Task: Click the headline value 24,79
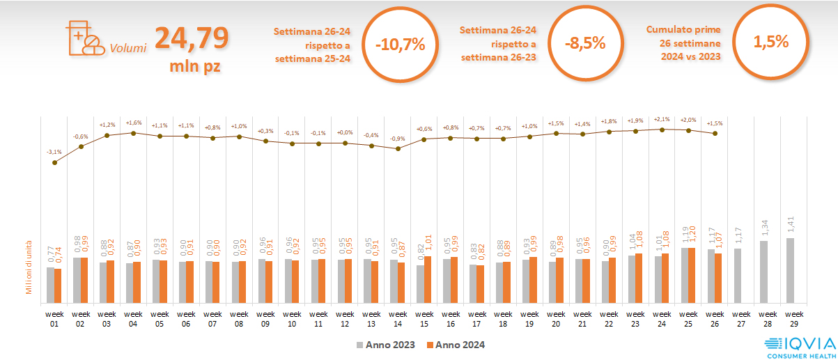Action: [x=191, y=38]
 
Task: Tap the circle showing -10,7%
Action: [x=399, y=45]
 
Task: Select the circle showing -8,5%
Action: [x=585, y=43]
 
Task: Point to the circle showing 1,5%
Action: [x=770, y=41]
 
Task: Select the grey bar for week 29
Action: [x=791, y=271]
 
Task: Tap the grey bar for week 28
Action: [x=764, y=272]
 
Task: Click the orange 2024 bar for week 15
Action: [x=428, y=280]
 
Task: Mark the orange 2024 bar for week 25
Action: [x=692, y=276]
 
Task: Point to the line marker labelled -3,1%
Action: [x=54, y=162]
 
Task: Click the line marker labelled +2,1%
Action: [x=662, y=130]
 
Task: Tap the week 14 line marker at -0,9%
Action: [x=398, y=148]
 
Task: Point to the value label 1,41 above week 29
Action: [x=791, y=224]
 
